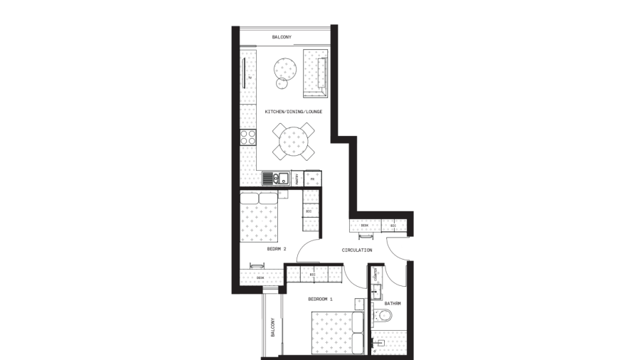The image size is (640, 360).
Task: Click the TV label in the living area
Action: tap(250, 77)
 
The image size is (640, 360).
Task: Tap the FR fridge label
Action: tap(312, 179)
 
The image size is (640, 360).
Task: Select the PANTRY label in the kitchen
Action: tap(297, 179)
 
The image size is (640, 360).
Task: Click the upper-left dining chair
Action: tap(279, 129)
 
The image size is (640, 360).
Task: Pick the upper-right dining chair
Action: tap(309, 129)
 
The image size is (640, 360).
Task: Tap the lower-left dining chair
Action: tap(279, 154)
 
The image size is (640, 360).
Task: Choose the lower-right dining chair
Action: tap(309, 154)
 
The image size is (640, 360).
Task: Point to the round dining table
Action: tap(293, 142)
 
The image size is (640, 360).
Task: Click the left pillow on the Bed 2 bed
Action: tap(249, 198)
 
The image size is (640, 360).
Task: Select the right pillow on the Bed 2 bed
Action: tap(267, 198)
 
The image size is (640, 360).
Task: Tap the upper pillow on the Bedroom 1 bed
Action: tap(357, 323)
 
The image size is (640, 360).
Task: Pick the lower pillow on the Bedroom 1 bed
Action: tap(357, 344)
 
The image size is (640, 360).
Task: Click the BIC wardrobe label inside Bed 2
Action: tap(310, 211)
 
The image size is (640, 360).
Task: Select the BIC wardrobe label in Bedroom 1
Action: tap(314, 274)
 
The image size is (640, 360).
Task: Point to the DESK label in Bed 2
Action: tap(260, 277)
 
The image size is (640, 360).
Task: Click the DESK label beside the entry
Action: tap(365, 226)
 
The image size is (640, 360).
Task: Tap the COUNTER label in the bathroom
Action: tap(375, 275)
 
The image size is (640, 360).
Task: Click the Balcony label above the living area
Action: tap(282, 37)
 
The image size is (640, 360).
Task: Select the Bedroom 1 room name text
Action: tap(321, 299)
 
